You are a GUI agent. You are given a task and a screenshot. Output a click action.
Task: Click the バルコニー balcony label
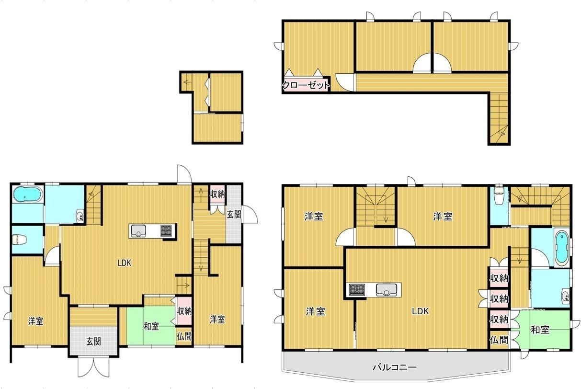[x=395, y=367]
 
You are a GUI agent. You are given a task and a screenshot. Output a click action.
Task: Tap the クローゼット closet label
[x=306, y=85]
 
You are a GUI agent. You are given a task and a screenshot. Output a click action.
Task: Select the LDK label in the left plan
[x=125, y=263]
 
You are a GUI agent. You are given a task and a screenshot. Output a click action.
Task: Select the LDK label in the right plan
[x=421, y=311]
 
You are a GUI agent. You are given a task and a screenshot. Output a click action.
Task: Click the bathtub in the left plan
[x=27, y=194]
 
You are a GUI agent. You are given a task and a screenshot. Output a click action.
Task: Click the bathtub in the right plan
[x=562, y=248]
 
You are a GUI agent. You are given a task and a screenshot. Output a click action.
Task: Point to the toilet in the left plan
[x=20, y=240]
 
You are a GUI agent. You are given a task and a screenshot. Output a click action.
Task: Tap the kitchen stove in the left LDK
[x=166, y=230]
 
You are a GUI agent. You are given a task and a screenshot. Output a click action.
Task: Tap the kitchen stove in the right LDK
[x=357, y=290]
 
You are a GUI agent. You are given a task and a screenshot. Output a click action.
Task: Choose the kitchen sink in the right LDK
[x=387, y=290]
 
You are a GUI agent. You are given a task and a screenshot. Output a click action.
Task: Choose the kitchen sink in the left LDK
[x=138, y=231]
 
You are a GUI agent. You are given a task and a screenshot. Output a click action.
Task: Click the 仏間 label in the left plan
[x=184, y=337]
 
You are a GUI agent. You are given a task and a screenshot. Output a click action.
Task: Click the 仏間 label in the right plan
[x=499, y=340]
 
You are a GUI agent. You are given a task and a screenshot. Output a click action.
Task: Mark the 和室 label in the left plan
[x=151, y=326]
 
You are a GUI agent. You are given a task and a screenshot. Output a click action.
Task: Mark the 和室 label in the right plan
[x=540, y=330]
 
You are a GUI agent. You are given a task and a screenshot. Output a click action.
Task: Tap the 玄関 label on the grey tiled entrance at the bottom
[x=93, y=342]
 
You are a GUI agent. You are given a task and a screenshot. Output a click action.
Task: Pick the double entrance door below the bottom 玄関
[x=93, y=367]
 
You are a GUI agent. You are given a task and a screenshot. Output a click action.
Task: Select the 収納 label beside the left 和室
[x=184, y=311]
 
